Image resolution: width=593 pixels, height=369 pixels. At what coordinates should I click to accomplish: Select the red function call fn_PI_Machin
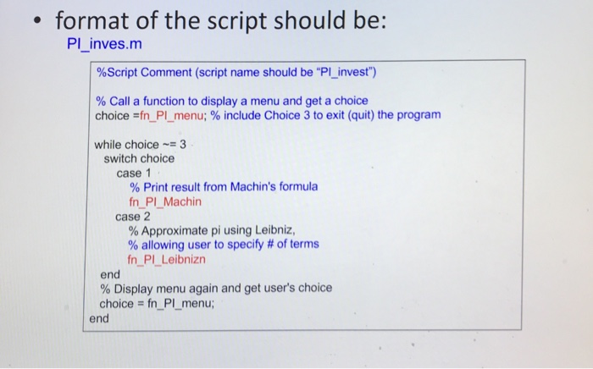165,201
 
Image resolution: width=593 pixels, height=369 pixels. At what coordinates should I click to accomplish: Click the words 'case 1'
134,173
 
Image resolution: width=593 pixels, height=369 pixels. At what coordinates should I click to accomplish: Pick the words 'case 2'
133,216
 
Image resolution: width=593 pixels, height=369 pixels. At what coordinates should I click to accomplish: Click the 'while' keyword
110,144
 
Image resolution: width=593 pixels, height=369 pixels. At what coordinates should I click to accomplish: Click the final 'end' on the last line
100,318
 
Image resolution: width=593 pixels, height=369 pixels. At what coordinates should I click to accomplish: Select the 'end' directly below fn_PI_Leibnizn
110,273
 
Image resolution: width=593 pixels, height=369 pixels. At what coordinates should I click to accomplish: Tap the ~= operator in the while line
170,144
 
